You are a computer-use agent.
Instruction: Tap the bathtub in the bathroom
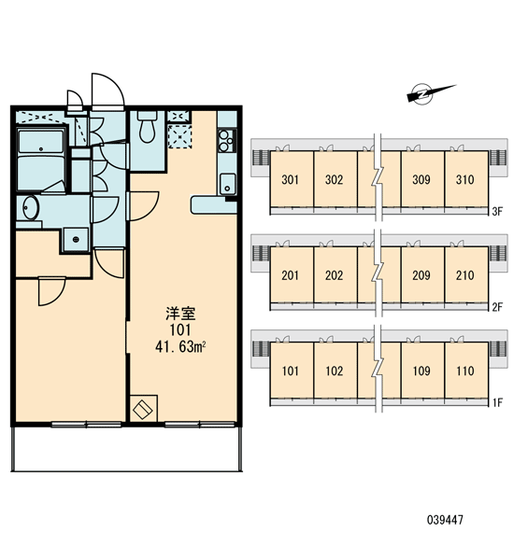[41, 141]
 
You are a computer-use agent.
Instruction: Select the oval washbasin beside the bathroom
[31, 207]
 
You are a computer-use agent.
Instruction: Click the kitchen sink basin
[227, 184]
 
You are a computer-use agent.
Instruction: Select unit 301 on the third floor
[290, 179]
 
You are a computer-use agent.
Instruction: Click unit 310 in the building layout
[465, 179]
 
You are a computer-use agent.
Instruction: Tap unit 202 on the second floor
[334, 275]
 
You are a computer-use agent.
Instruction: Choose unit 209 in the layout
[421, 275]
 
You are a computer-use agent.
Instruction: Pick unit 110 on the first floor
[465, 371]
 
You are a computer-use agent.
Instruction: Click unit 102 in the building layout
[334, 371]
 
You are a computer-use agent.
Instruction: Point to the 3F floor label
[497, 212]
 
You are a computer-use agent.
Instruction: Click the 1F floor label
[497, 403]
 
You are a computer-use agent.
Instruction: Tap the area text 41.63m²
[180, 347]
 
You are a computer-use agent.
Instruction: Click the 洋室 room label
[180, 314]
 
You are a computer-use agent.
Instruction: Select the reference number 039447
[445, 520]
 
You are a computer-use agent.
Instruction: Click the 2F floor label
[497, 307]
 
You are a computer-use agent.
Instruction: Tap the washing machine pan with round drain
[76, 239]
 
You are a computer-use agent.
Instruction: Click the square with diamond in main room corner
[143, 408]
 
